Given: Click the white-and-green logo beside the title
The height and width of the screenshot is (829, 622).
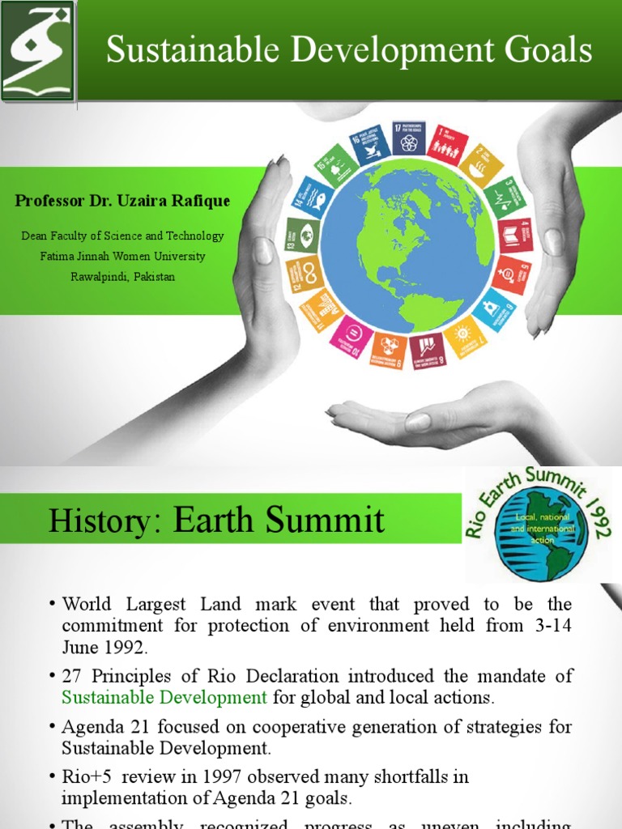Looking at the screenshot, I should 38,50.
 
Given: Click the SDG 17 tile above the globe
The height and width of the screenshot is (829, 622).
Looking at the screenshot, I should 408,138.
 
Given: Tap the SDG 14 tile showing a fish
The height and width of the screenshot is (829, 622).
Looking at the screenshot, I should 313,198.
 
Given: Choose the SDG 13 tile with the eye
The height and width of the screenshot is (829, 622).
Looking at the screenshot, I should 300,236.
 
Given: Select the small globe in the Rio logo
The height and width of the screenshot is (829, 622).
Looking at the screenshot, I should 541,543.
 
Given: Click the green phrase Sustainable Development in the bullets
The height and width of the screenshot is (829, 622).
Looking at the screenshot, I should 164,696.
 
